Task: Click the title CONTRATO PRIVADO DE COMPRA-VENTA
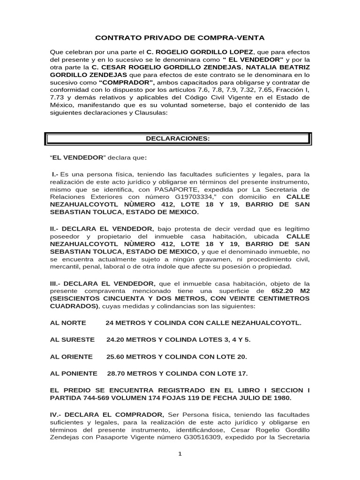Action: click(180, 37)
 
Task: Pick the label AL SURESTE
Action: click(72, 339)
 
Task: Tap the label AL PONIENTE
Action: click(74, 374)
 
